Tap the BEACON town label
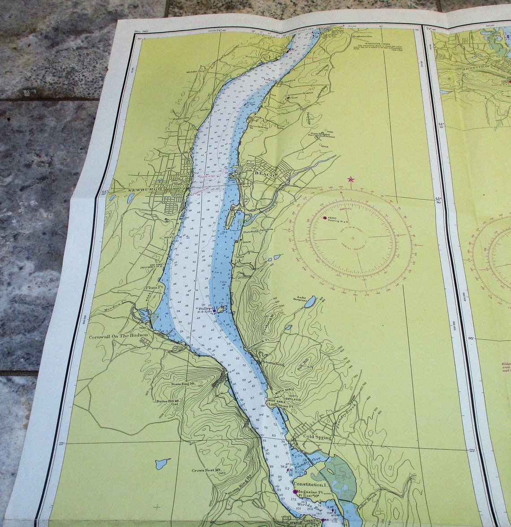(266, 174)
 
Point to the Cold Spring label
(317, 437)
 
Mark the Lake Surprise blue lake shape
(310, 302)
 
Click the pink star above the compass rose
(351, 180)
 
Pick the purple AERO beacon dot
(325, 218)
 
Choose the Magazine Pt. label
(312, 492)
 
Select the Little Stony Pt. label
(281, 404)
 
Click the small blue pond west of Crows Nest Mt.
(162, 463)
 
